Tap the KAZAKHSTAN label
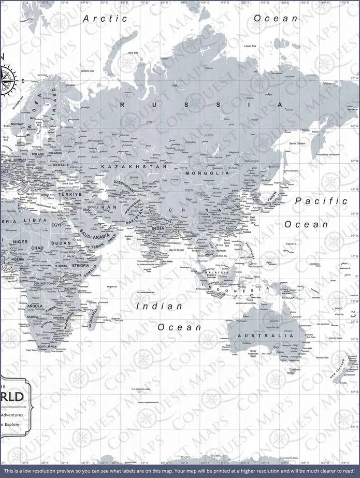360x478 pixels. [x=134, y=167]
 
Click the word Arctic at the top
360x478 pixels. [x=105, y=18]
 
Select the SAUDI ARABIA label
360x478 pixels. [x=94, y=236]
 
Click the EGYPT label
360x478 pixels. [x=58, y=225]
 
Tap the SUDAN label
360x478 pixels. [x=61, y=243]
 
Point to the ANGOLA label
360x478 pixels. [x=35, y=306]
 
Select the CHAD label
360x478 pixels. [x=37, y=248]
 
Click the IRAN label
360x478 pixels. [x=110, y=207]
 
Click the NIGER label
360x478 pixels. [x=20, y=241]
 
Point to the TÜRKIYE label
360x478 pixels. [x=69, y=194]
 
